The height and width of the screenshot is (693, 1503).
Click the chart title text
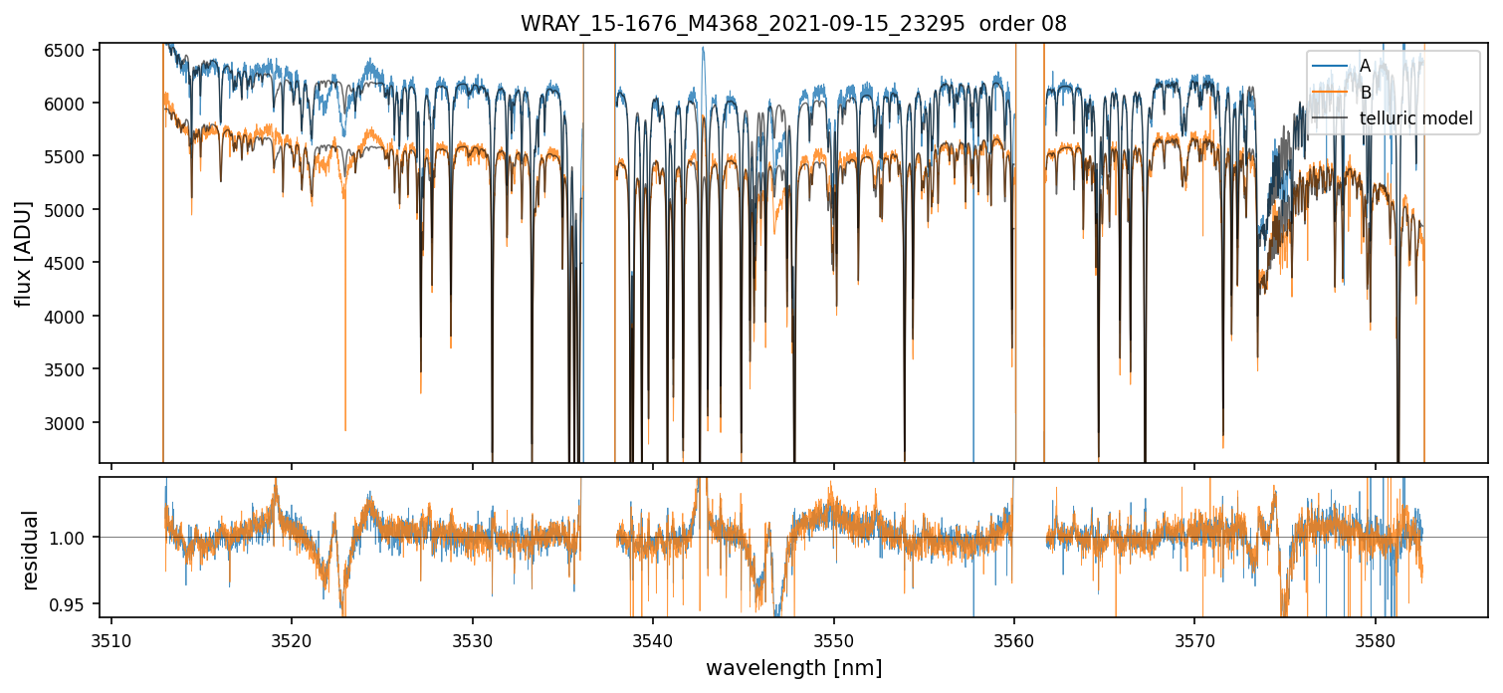pos(793,24)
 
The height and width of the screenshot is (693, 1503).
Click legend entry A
pos(1365,66)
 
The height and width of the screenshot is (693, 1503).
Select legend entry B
pos(1365,93)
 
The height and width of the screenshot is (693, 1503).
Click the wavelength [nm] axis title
pos(793,668)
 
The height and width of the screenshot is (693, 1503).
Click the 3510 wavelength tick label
pos(110,639)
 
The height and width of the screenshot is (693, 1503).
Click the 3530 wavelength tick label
pos(472,639)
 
